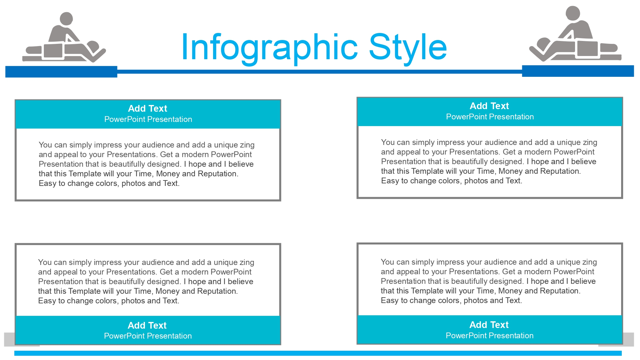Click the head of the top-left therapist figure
point(67,19)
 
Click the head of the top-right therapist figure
point(573,13)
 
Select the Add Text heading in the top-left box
point(148,108)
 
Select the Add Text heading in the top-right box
point(489,106)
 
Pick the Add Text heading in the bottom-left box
point(147,325)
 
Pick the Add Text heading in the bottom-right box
point(489,325)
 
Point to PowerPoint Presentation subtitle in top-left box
point(148,119)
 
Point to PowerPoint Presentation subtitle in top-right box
point(490,117)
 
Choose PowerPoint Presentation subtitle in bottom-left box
point(148,336)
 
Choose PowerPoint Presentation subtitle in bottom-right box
point(490,336)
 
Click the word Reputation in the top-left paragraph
point(218,174)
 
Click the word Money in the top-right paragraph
point(510,171)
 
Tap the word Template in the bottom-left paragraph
point(84,291)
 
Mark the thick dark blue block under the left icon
point(61,72)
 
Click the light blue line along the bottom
point(318,353)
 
